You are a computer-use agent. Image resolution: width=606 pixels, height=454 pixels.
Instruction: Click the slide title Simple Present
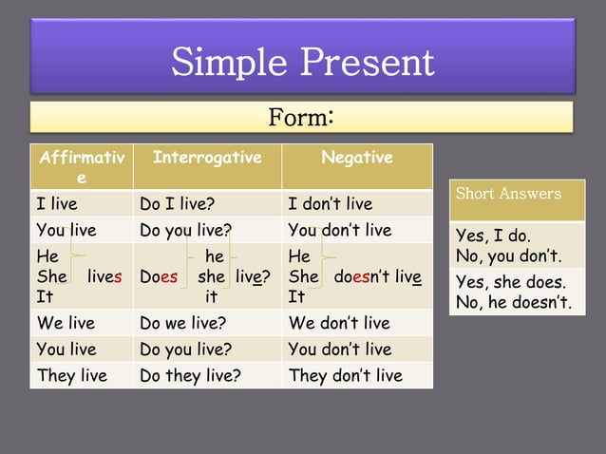click(302, 63)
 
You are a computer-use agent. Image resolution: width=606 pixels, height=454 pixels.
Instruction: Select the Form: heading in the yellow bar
click(300, 118)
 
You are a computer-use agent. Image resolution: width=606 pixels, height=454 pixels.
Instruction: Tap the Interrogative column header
click(207, 158)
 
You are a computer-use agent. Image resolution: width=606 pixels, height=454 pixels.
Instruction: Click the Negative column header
click(357, 158)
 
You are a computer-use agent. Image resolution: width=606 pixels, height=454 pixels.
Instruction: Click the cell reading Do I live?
click(177, 204)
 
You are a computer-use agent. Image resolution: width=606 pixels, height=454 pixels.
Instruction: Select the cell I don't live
click(331, 204)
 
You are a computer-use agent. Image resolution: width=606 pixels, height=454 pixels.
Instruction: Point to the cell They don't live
click(345, 375)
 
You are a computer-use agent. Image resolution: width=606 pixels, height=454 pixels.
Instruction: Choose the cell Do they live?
click(190, 375)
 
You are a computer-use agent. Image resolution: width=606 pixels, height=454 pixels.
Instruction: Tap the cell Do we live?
click(182, 323)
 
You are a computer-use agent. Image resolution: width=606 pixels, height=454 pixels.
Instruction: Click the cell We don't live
click(339, 323)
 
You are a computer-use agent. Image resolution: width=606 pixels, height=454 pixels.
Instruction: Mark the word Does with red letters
click(159, 277)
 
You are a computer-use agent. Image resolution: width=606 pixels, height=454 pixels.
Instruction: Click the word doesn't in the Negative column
click(365, 277)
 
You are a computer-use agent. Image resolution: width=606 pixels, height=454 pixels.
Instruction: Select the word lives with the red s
click(104, 277)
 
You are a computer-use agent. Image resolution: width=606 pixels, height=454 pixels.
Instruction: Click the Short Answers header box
click(508, 194)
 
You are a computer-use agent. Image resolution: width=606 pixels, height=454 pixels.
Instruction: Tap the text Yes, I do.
click(493, 236)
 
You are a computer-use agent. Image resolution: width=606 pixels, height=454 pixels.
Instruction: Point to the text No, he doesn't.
click(514, 303)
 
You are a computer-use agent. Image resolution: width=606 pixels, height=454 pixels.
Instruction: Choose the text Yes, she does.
click(510, 282)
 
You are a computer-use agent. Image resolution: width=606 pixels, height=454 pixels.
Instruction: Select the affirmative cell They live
click(71, 375)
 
